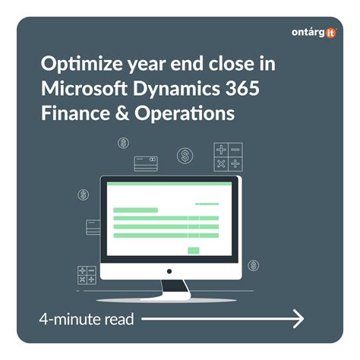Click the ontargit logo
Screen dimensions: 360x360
(x=313, y=33)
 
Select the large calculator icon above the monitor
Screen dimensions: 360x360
(x=226, y=156)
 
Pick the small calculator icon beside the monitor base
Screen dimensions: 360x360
(x=86, y=274)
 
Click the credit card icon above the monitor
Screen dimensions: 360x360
(x=145, y=162)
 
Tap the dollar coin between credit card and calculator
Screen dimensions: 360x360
(x=185, y=156)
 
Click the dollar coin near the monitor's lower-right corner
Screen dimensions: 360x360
(x=253, y=265)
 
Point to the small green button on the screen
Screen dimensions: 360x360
(x=193, y=250)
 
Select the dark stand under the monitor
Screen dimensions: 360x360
(x=175, y=288)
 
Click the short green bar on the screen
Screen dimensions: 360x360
(x=135, y=210)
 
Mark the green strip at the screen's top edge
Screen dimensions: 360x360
(x=169, y=185)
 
